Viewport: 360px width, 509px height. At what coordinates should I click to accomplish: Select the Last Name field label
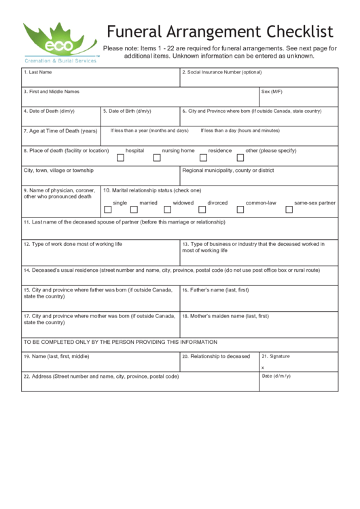(38, 72)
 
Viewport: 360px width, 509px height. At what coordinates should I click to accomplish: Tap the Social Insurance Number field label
(221, 72)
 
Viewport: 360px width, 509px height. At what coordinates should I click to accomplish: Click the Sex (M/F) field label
(272, 91)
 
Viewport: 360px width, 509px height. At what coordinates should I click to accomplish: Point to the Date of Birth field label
(126, 111)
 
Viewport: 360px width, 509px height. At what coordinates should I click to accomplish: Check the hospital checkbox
(121, 158)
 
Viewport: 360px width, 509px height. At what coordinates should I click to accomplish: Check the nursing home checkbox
(157, 158)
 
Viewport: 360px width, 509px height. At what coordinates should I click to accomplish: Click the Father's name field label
(215, 289)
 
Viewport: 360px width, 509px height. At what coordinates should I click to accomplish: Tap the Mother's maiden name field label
(225, 316)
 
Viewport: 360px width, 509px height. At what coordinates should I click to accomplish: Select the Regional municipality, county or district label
(228, 171)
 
